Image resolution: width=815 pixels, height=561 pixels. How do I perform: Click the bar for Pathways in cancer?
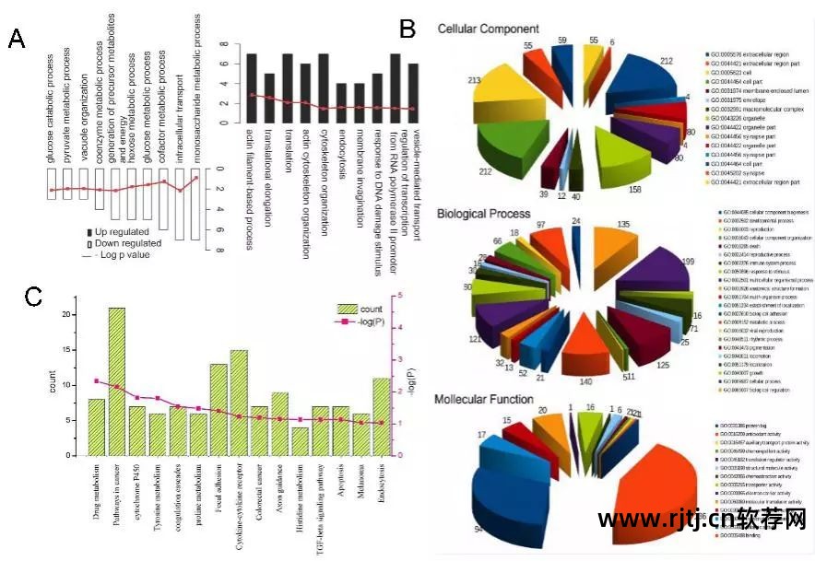tap(117, 381)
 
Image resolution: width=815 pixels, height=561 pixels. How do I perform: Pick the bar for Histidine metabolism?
tap(300, 441)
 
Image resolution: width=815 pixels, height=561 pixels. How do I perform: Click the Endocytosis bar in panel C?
tap(381, 416)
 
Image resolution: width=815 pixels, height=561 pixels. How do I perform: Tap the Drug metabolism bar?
tap(97, 427)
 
